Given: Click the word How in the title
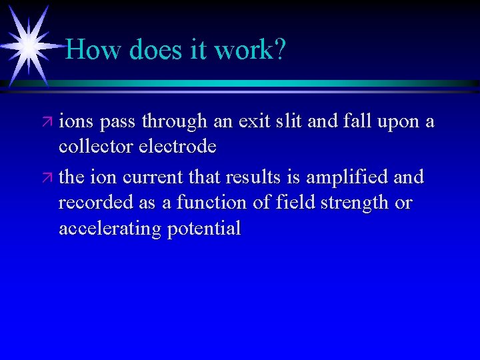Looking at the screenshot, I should pyautogui.click(x=89, y=49).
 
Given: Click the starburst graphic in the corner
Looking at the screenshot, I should pyautogui.click(x=28, y=45).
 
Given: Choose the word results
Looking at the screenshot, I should pyautogui.click(x=251, y=177).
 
